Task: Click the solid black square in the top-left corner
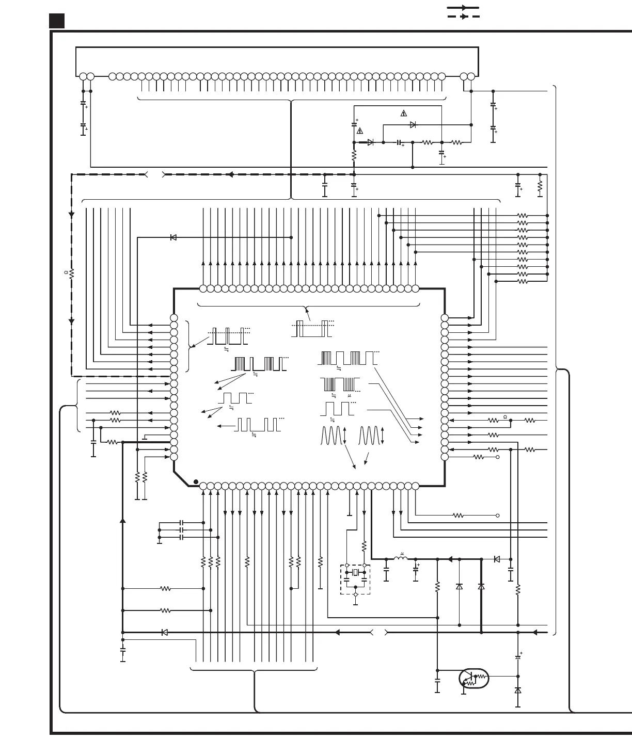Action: coord(57,21)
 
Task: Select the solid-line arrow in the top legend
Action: coord(463,8)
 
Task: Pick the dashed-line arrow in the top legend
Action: coord(463,17)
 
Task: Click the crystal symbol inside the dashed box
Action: coord(355,573)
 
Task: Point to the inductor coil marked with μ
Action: coord(401,558)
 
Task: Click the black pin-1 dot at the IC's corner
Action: coord(196,482)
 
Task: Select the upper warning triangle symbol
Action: coord(404,113)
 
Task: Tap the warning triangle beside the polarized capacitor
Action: coord(360,131)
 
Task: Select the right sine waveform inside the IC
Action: coord(369,435)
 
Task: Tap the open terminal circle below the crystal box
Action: coord(355,594)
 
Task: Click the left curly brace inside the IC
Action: coord(188,346)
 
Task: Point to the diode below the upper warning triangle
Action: coord(413,125)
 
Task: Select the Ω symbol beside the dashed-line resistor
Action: coord(66,272)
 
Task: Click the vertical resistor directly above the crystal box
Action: coord(364,545)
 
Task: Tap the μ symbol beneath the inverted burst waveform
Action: coord(350,396)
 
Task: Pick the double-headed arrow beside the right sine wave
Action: coord(382,435)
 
